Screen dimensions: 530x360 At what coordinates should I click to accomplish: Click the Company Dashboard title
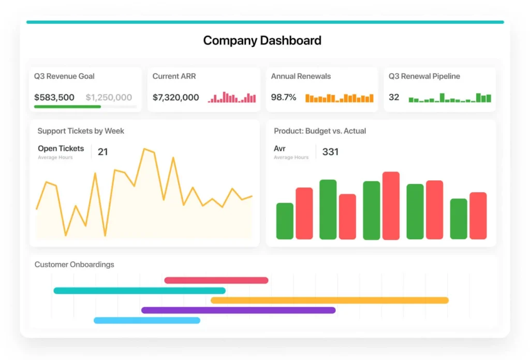pyautogui.click(x=262, y=40)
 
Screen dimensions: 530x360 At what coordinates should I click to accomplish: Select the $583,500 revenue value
pyautogui.click(x=54, y=97)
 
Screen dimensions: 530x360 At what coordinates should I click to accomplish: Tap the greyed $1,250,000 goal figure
pyautogui.click(x=109, y=97)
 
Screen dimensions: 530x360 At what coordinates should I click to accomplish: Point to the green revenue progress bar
pyautogui.click(x=68, y=107)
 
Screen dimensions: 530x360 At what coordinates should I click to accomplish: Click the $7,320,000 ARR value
pyautogui.click(x=176, y=97)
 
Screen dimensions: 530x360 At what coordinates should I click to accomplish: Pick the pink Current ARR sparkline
pyautogui.click(x=232, y=97)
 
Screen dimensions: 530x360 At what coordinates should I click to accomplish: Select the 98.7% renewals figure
pyautogui.click(x=284, y=97)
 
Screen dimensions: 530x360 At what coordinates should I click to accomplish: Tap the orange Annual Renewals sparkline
pyautogui.click(x=340, y=98)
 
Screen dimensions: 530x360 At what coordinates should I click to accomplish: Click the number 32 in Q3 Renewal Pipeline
pyautogui.click(x=394, y=97)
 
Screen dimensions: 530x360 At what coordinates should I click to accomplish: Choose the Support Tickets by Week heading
pyautogui.click(x=81, y=131)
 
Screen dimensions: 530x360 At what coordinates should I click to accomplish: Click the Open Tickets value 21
pyautogui.click(x=103, y=152)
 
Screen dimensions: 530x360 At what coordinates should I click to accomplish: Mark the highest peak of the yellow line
pyautogui.click(x=144, y=149)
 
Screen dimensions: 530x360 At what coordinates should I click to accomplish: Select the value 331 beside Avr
pyautogui.click(x=330, y=152)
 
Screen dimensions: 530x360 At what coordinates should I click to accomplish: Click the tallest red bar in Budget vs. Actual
pyautogui.click(x=391, y=206)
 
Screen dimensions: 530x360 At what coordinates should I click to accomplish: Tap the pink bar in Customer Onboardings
pyautogui.click(x=216, y=280)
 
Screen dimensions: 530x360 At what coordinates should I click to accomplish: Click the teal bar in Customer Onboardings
pyautogui.click(x=140, y=291)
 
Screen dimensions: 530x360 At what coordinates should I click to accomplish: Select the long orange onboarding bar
pyautogui.click(x=330, y=300)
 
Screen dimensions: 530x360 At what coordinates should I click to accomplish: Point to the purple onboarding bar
pyautogui.click(x=238, y=310)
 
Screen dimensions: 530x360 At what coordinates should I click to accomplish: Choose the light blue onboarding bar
pyautogui.click(x=147, y=321)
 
